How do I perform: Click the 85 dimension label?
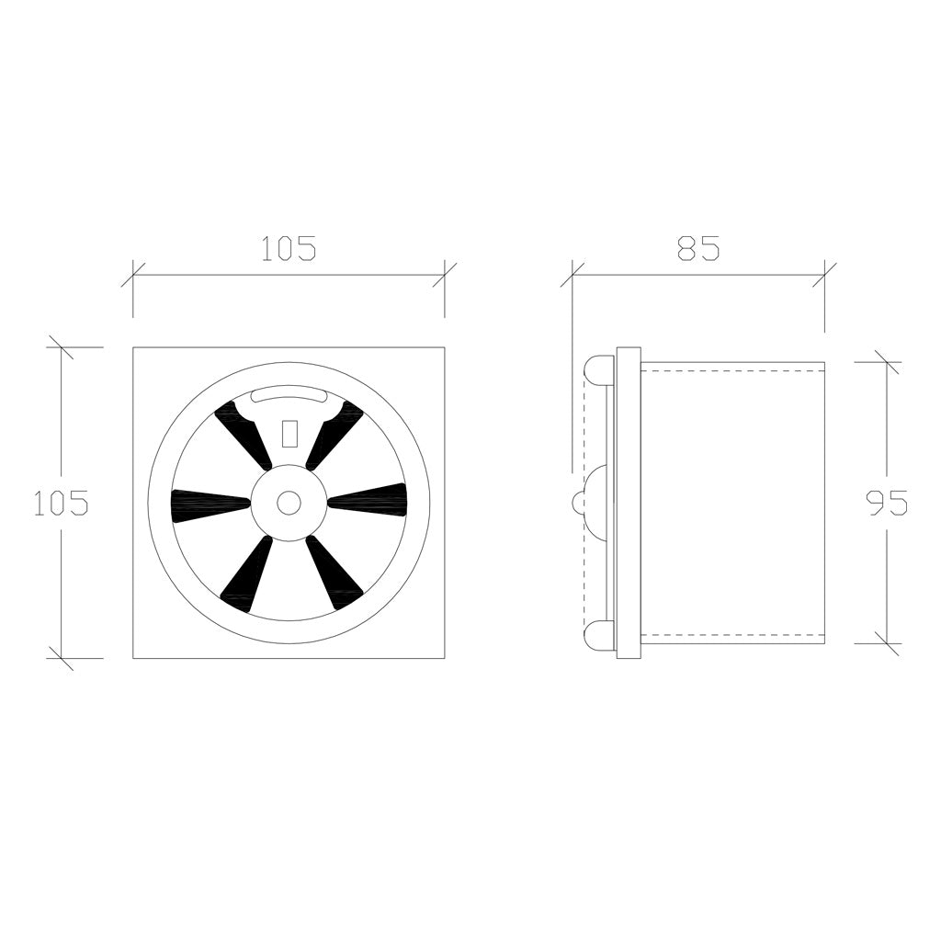tap(698, 248)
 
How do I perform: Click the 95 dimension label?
tap(887, 503)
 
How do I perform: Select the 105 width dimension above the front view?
tap(289, 248)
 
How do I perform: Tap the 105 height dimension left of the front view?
tap(62, 503)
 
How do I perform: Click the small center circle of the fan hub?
tap(289, 503)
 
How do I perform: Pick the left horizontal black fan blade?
tap(210, 503)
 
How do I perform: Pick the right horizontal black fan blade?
tap(368, 498)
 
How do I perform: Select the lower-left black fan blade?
tap(247, 573)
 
